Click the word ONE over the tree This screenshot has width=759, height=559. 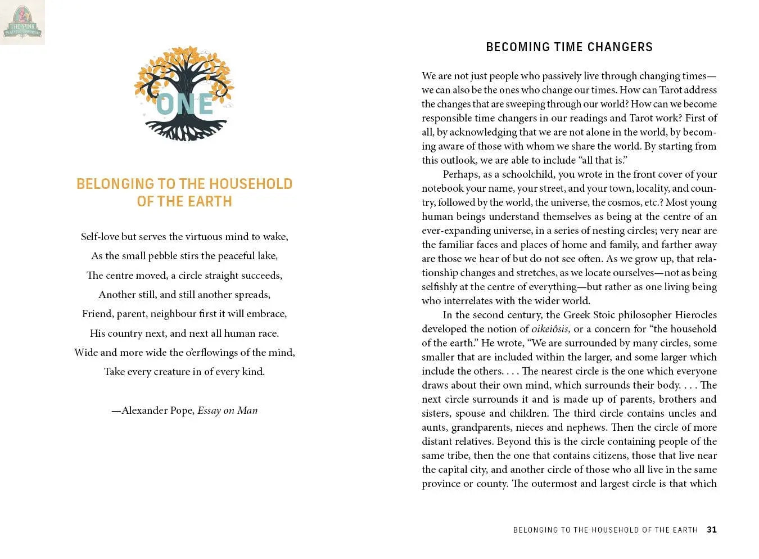[x=184, y=105]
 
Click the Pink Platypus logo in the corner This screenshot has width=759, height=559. [x=22, y=22]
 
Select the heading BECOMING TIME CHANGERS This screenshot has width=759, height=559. [x=569, y=47]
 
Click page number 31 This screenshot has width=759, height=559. [x=712, y=530]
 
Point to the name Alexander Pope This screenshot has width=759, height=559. [x=158, y=411]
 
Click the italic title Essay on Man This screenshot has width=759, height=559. [x=228, y=411]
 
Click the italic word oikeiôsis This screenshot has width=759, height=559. [x=550, y=329]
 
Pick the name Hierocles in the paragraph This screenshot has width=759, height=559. [x=695, y=315]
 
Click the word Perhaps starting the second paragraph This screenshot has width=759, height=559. [x=460, y=174]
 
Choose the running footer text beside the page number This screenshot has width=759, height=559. [x=605, y=530]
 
